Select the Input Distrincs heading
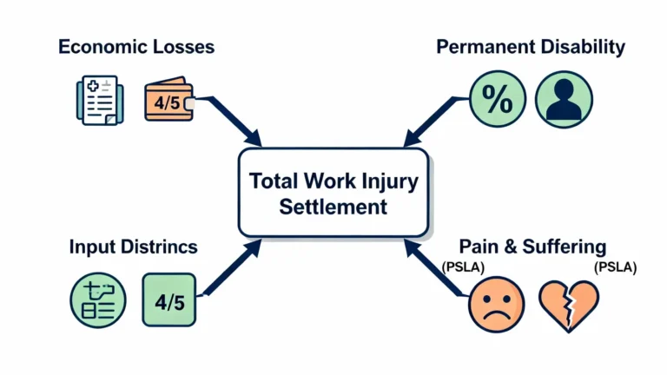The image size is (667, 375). click(132, 247)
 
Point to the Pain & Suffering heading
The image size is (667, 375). click(532, 247)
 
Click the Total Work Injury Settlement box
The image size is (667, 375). click(333, 192)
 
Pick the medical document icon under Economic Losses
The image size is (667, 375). click(98, 100)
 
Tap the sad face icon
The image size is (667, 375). click(496, 304)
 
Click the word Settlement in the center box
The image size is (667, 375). click(333, 207)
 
